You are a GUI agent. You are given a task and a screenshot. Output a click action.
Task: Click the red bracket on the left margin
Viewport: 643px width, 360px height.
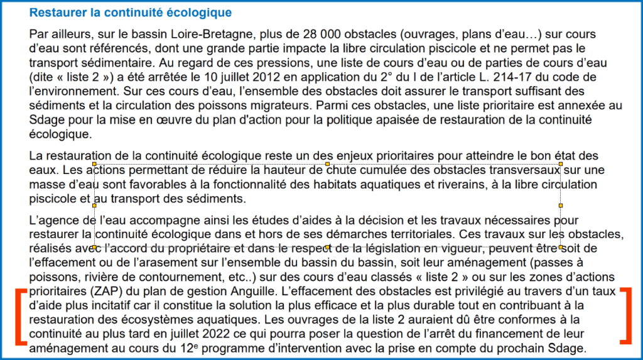click(x=21, y=317)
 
